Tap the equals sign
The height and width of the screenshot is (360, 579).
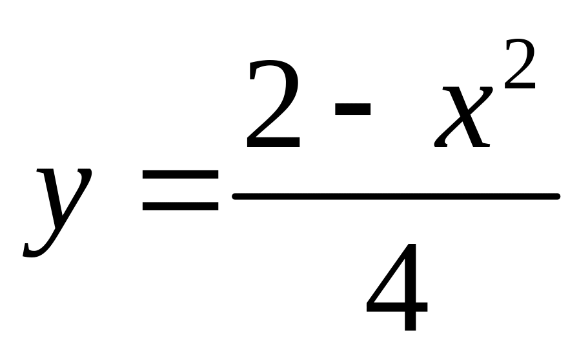point(180,192)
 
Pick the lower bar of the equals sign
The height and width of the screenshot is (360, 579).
point(180,207)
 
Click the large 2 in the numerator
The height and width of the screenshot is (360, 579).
point(273,106)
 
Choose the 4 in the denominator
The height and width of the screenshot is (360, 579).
point(396,287)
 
